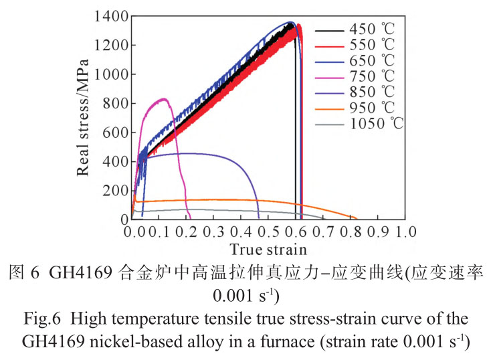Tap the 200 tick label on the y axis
tap(116, 191)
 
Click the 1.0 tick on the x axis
tap(405, 232)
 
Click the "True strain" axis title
tap(269, 250)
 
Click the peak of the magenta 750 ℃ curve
tap(162, 99)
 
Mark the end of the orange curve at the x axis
tap(356, 218)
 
